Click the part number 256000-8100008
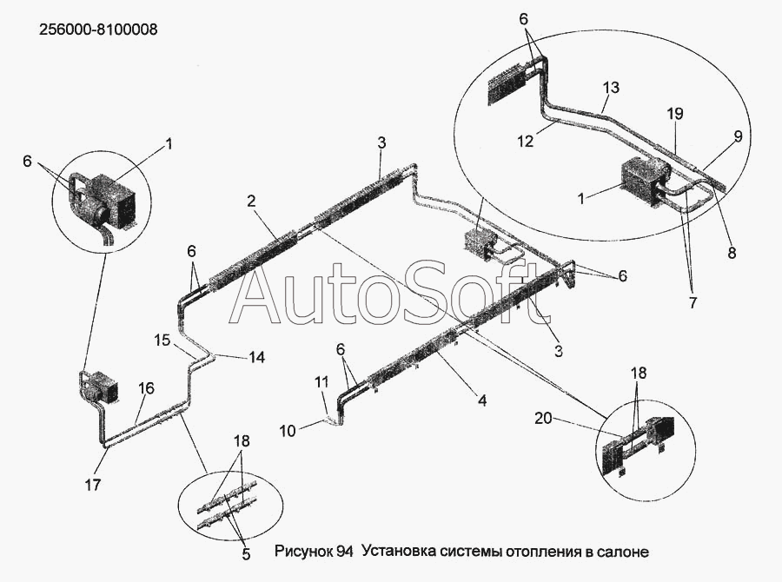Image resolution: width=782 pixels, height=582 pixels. click(x=98, y=30)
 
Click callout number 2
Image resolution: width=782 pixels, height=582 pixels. click(x=250, y=202)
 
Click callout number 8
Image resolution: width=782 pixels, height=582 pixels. click(x=732, y=254)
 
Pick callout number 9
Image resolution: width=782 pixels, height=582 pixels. click(x=738, y=136)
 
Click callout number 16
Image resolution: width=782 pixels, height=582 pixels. click(x=146, y=388)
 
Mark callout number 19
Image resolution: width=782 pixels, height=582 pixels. click(x=675, y=113)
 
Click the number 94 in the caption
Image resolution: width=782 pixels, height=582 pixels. click(x=345, y=551)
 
